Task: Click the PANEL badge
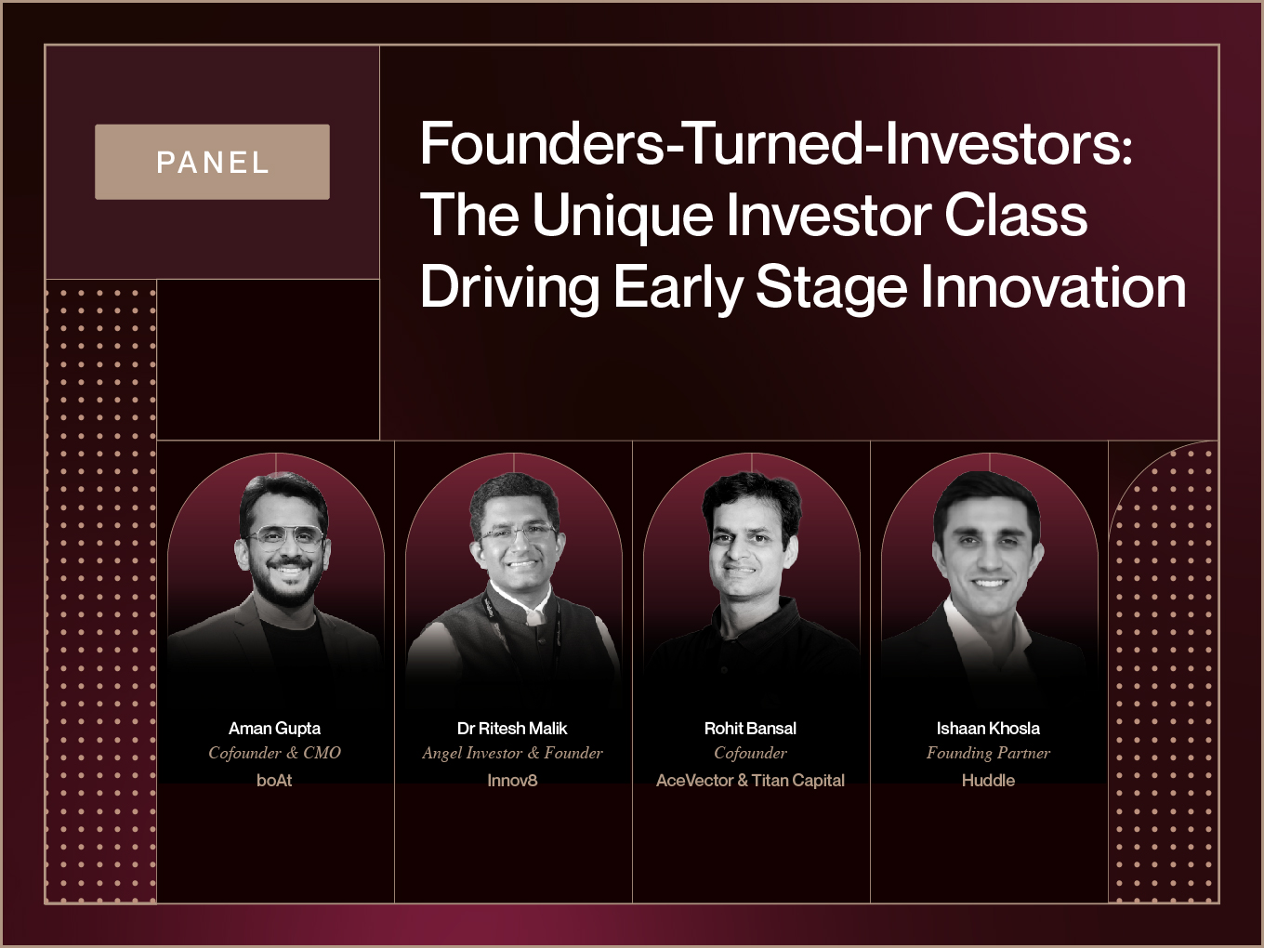(213, 162)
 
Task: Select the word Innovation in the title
(1053, 286)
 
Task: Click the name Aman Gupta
(275, 729)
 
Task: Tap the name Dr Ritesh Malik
(512, 729)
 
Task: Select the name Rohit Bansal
(750, 729)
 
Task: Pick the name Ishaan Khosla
(988, 729)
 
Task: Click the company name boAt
(275, 781)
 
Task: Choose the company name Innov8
(512, 781)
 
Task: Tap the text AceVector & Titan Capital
(750, 781)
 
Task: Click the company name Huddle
(988, 781)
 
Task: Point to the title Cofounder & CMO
(275, 753)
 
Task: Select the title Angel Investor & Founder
(512, 753)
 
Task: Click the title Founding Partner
(988, 754)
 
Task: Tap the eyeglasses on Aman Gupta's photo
(284, 538)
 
